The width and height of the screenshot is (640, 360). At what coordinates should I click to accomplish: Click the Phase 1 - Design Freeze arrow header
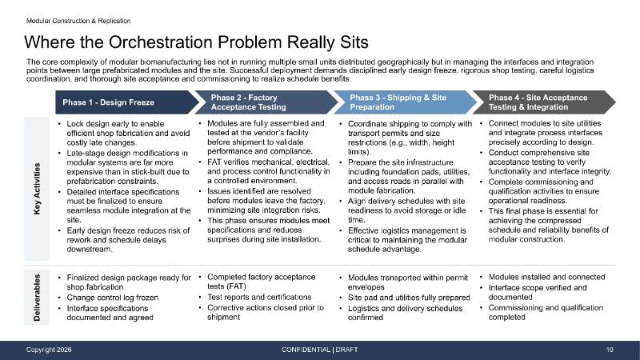[x=126, y=102]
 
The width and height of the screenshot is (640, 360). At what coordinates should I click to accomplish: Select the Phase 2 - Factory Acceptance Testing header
[x=266, y=102]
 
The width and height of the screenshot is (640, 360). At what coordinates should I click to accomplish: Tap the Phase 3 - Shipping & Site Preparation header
[x=404, y=102]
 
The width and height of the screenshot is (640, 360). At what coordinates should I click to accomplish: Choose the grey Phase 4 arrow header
[x=544, y=102]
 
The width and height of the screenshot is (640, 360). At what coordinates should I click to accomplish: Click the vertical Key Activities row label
[x=37, y=189]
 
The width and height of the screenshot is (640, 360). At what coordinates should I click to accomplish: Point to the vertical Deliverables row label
[x=37, y=298]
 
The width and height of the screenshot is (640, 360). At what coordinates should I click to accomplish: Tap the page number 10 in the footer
[x=610, y=350]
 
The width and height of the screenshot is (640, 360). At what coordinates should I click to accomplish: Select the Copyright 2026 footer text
[x=49, y=350]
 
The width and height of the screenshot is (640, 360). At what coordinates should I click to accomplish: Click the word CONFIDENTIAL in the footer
[x=306, y=350]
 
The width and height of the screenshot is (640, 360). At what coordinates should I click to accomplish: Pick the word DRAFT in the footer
[x=346, y=350]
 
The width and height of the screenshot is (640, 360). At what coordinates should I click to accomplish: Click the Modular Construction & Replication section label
[x=78, y=21]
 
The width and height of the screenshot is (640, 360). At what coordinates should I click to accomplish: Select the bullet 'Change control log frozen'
[x=113, y=298]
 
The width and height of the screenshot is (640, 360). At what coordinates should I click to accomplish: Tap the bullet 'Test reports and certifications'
[x=259, y=297]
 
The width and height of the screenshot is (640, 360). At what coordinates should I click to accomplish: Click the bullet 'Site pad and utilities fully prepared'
[x=409, y=298]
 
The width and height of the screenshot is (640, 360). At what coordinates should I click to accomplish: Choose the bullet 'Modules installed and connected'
[x=547, y=277]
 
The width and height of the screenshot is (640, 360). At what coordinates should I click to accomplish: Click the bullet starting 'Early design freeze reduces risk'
[x=129, y=240]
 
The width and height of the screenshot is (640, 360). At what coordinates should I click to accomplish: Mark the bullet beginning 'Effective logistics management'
[x=408, y=240]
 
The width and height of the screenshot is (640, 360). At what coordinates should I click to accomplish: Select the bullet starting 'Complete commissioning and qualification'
[x=544, y=191]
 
